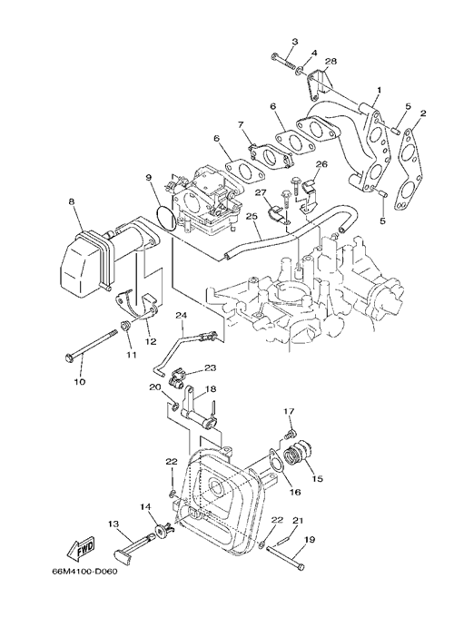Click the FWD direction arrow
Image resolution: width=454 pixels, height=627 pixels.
(x=81, y=547)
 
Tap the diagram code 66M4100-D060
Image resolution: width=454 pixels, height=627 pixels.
(x=85, y=571)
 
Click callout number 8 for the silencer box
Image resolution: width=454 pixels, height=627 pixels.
(x=72, y=202)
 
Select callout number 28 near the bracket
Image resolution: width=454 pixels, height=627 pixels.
(x=331, y=61)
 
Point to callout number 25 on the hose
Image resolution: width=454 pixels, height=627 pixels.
(x=251, y=216)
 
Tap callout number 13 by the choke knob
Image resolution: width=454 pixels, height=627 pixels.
(x=113, y=524)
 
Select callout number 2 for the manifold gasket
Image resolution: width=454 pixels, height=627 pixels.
(x=423, y=113)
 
